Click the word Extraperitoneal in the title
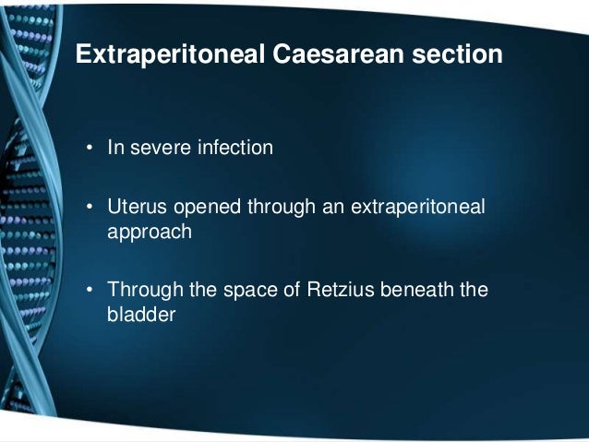point(169,56)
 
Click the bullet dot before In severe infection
point(90,148)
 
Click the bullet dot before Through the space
point(90,293)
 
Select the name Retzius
point(341,293)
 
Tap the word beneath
point(415,293)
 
